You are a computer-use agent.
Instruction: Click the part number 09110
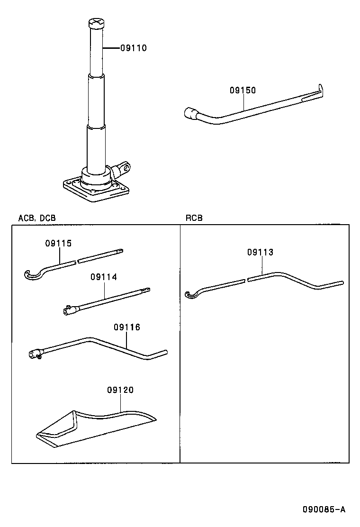[x=133, y=48]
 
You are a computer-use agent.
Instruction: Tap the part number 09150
[x=243, y=90]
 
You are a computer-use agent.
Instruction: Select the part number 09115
[x=58, y=244]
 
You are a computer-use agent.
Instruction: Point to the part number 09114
[x=103, y=277]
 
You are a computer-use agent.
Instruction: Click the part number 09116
[x=127, y=327]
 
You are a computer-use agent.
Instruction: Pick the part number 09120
[x=120, y=390]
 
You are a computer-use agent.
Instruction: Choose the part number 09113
[x=260, y=253]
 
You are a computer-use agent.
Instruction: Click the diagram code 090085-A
[x=324, y=510]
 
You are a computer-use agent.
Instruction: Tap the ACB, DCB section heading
[x=36, y=218]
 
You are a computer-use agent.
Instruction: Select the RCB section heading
[x=194, y=218]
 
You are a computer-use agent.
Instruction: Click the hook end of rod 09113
[x=190, y=295]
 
